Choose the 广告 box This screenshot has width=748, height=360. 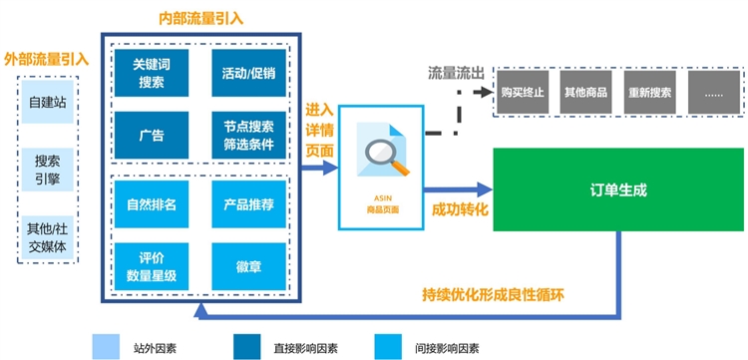click(x=153, y=135)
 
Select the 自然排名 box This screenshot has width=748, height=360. click(x=153, y=204)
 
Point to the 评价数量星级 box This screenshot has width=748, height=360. click(x=153, y=266)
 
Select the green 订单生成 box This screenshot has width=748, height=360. click(x=618, y=188)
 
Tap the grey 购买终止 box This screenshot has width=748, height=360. click(x=525, y=92)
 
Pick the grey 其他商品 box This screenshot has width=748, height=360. click(x=587, y=92)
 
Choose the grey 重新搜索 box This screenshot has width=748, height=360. click(x=650, y=92)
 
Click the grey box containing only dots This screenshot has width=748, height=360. click(x=713, y=92)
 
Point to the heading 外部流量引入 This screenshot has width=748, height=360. click(x=47, y=59)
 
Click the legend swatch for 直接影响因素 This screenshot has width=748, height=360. click(x=245, y=345)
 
